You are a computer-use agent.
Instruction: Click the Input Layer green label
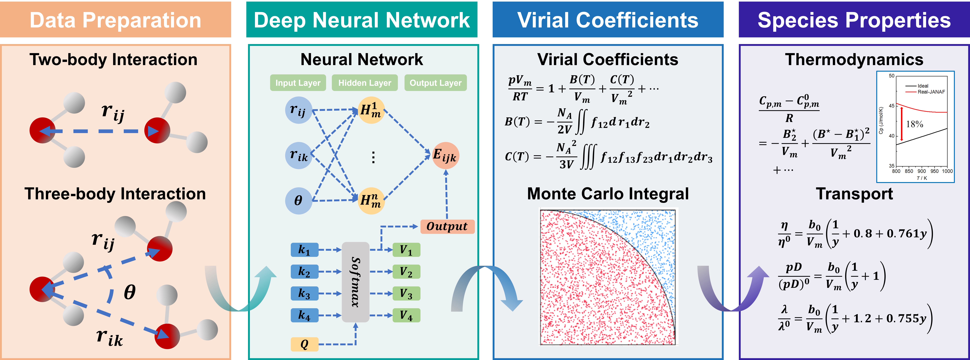pyautogui.click(x=298, y=83)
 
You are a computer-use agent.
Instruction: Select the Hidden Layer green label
pyautogui.click(x=365, y=83)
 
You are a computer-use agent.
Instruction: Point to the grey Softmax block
pyautogui.click(x=355, y=282)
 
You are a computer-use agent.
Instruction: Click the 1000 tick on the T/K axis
pyautogui.click(x=947, y=171)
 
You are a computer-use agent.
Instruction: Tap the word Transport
pyautogui.click(x=854, y=194)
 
